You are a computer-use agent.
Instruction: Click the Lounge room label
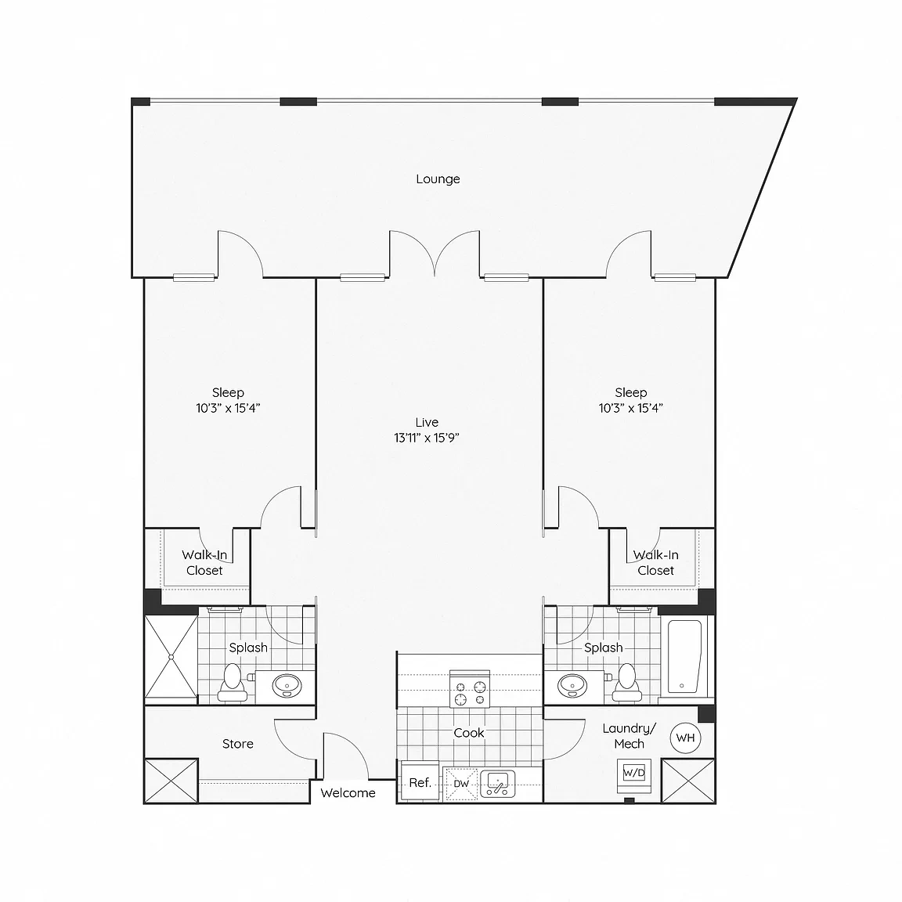(x=438, y=179)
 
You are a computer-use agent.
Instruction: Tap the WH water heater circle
(x=685, y=738)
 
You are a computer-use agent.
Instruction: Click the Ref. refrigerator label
(x=420, y=782)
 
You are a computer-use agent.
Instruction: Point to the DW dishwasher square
(x=461, y=784)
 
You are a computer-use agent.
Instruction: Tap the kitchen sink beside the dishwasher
(x=497, y=784)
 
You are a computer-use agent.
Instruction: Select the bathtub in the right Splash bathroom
(x=684, y=656)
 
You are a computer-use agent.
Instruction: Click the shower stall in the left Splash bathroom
(x=171, y=656)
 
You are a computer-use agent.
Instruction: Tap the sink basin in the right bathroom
(x=572, y=685)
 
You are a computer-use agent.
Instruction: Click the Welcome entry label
(x=348, y=792)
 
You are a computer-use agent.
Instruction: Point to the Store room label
(x=237, y=744)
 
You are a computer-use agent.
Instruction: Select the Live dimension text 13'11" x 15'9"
(x=426, y=438)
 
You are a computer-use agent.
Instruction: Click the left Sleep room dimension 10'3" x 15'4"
(x=228, y=408)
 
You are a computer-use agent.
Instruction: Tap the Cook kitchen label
(x=469, y=733)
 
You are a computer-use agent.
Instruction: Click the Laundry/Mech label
(x=630, y=736)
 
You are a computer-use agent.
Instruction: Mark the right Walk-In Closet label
(x=656, y=563)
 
